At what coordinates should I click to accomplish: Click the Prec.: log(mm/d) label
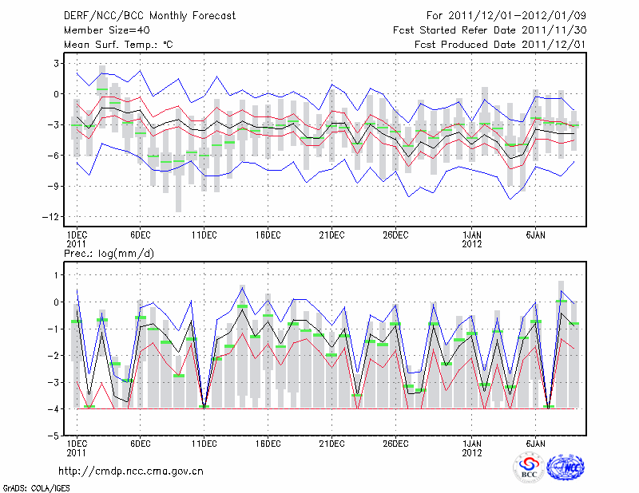(108, 253)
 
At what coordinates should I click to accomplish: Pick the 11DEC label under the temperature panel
(204, 235)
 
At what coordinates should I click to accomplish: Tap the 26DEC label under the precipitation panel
(395, 444)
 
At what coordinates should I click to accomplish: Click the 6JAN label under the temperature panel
(535, 235)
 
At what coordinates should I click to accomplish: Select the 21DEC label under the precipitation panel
(331, 444)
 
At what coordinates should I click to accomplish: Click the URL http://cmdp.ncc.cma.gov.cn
(132, 471)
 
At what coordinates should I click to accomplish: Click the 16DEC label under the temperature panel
(268, 235)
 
